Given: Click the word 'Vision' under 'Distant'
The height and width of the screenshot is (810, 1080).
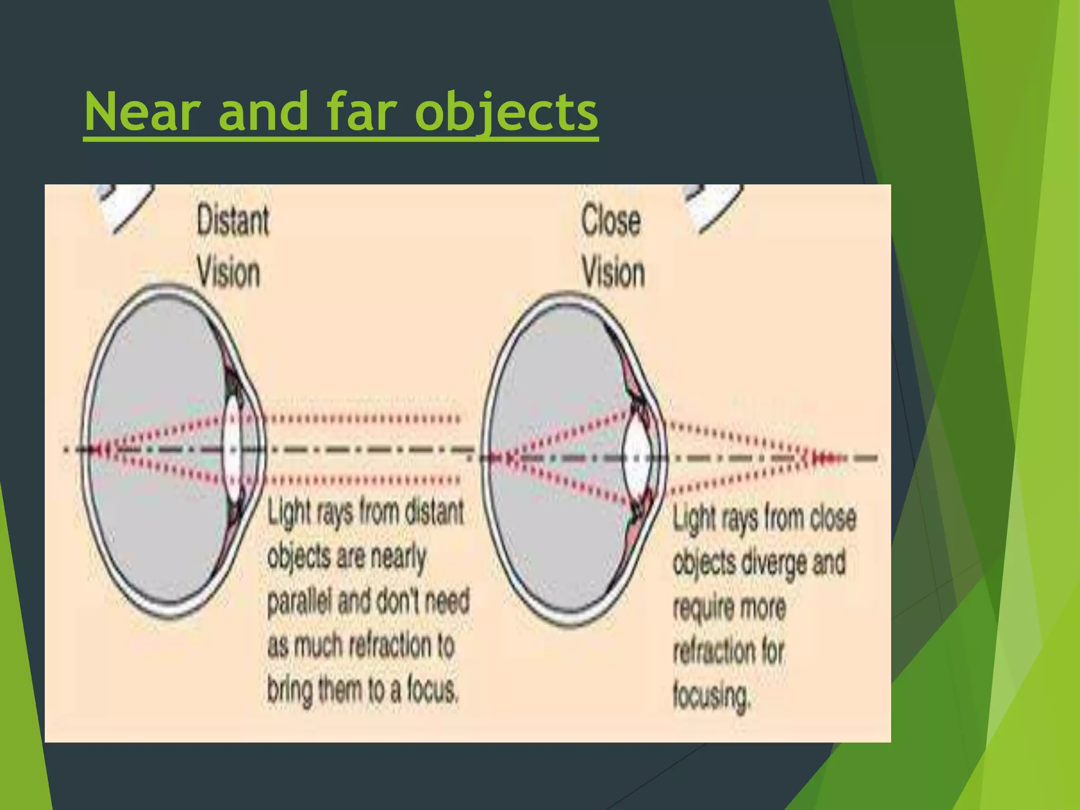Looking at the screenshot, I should click(228, 273).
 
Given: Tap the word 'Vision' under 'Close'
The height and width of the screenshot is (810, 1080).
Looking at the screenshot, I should click(613, 273).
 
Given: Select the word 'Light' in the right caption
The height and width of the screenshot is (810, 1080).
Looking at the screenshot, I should click(694, 518).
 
